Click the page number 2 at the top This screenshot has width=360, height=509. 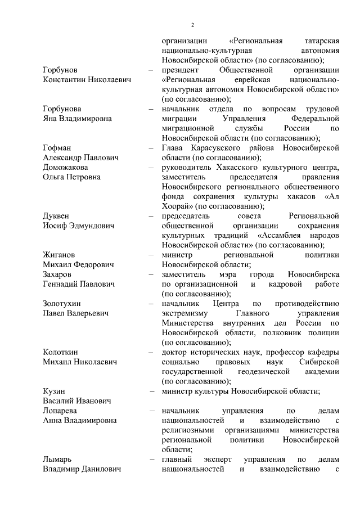[x=192, y=25]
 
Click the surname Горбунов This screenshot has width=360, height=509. [x=61, y=70]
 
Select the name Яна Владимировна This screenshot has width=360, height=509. [x=77, y=118]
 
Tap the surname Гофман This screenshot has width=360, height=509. [x=58, y=147]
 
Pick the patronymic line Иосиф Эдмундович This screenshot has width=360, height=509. [x=78, y=226]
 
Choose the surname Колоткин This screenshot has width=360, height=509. [x=61, y=352]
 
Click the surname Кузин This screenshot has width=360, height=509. [x=55, y=391]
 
